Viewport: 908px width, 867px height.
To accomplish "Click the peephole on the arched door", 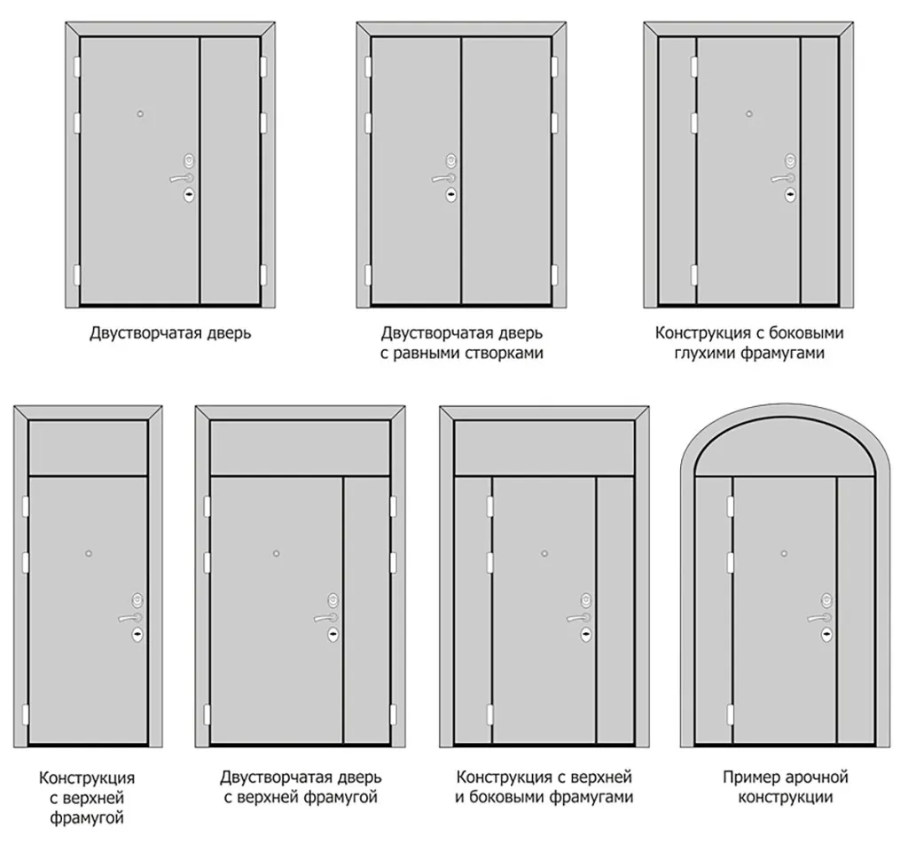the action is coord(784,553).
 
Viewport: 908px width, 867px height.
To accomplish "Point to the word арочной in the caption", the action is coord(821,777).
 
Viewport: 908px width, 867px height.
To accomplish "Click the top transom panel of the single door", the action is coord(88,448).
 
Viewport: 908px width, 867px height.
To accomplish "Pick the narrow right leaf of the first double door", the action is coord(230,170).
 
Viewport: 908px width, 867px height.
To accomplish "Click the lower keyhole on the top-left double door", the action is coord(190,195).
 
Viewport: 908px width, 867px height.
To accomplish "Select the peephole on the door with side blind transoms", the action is coord(748,114).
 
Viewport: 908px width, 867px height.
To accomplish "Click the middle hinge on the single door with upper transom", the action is coord(25,562).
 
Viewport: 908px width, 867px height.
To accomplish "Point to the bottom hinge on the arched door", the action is coord(730,715).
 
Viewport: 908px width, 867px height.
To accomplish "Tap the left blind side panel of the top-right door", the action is coord(677,170).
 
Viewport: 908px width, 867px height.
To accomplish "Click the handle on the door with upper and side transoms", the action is coord(578,618).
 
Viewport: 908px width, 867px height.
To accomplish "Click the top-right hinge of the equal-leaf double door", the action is coord(554,66).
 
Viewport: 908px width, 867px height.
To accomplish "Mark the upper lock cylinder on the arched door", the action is coord(826,599).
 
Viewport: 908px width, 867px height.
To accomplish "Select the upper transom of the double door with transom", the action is coord(300,448).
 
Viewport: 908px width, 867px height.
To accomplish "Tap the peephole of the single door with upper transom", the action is coord(89,553).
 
